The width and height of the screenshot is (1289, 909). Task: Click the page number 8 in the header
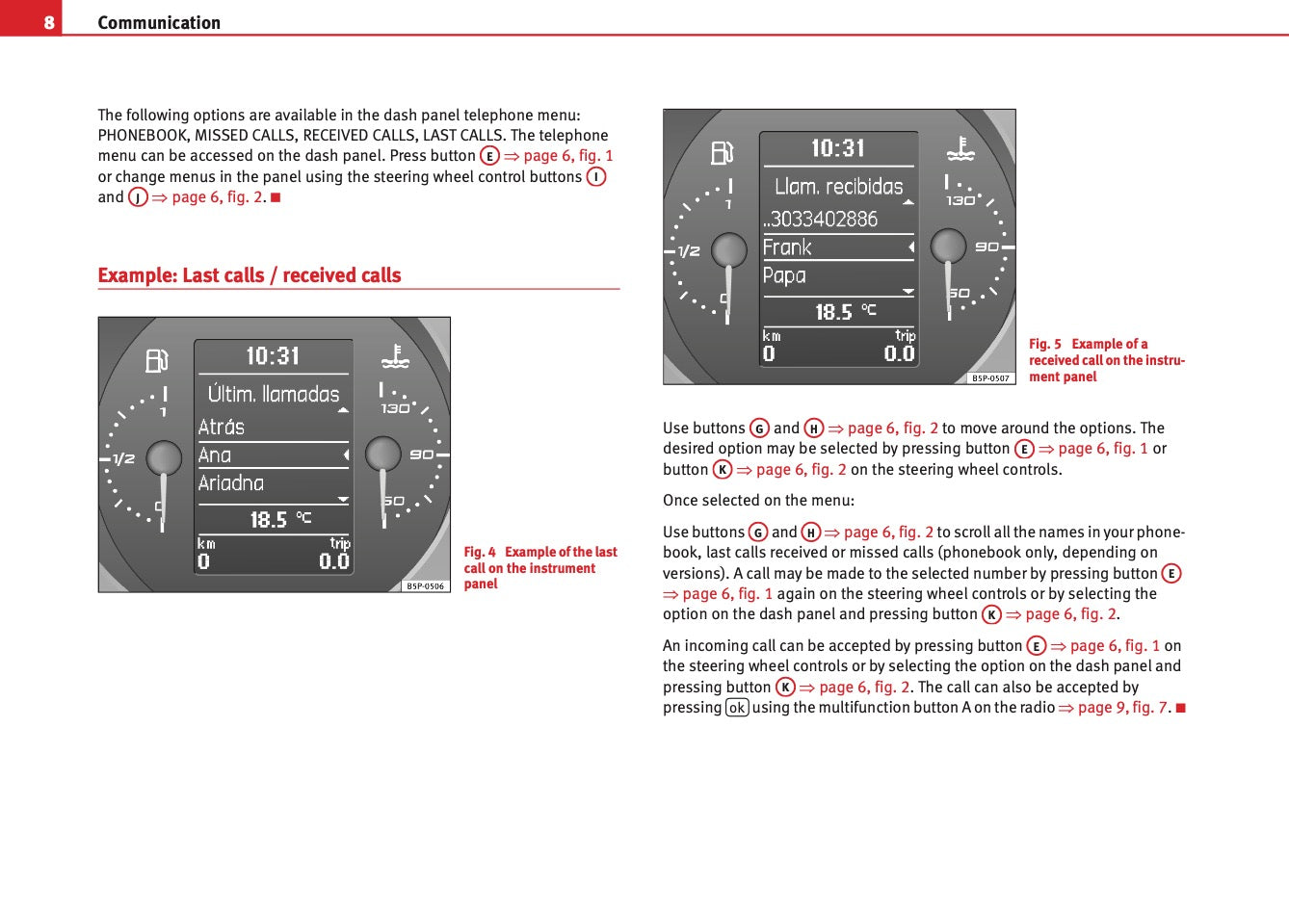[49, 22]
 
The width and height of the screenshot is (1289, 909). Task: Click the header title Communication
[159, 22]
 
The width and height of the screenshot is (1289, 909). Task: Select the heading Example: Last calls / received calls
[250, 275]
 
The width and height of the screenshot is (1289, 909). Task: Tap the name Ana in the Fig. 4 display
[215, 455]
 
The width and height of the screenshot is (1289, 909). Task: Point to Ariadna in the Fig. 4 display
[231, 483]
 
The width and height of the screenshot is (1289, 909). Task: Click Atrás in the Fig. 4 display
[222, 427]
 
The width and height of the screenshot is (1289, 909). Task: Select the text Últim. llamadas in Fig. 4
[274, 394]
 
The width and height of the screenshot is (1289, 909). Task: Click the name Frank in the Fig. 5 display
[787, 247]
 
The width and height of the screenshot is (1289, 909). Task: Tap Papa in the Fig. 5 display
[784, 276]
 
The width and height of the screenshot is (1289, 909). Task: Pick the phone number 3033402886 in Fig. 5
[824, 220]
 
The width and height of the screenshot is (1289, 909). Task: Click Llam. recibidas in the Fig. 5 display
[839, 187]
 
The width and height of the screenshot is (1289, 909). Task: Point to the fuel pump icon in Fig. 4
[156, 360]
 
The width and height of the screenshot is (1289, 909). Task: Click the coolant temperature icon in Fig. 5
[960, 149]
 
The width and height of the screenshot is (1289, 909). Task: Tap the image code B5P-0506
[425, 585]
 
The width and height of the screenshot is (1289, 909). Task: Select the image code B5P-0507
[990, 378]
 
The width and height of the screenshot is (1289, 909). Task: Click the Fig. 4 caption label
[480, 552]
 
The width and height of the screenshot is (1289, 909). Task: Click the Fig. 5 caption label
[1045, 344]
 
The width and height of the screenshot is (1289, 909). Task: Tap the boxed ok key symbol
[737, 708]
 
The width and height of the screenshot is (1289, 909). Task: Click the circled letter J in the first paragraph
[138, 197]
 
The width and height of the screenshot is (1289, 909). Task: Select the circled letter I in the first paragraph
[596, 177]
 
